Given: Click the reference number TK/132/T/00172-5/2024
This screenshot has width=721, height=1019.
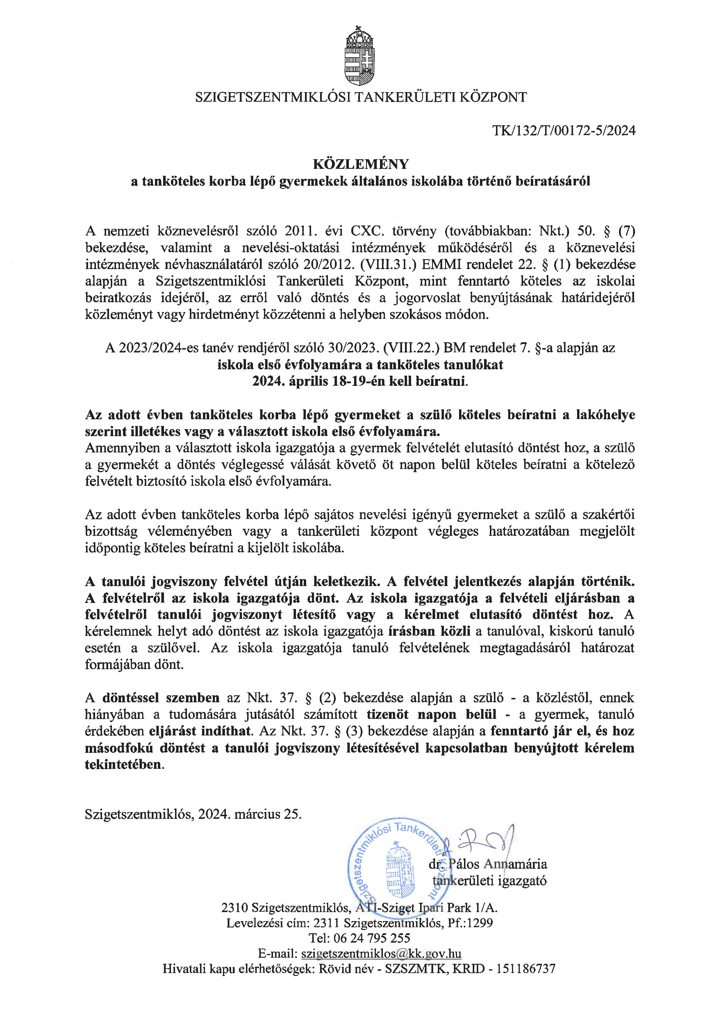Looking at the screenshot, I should click(x=564, y=131).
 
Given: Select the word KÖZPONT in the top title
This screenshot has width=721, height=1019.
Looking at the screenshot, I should click(x=493, y=97).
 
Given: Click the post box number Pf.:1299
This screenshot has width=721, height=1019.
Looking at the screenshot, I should click(x=471, y=923).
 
